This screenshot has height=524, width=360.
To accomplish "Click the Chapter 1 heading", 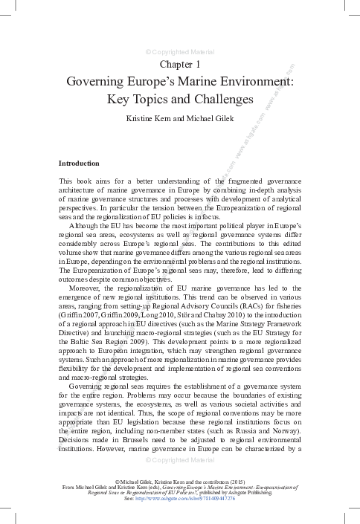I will [x=180, y=65].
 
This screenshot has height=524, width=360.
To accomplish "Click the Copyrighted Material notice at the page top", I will [x=180, y=52].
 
